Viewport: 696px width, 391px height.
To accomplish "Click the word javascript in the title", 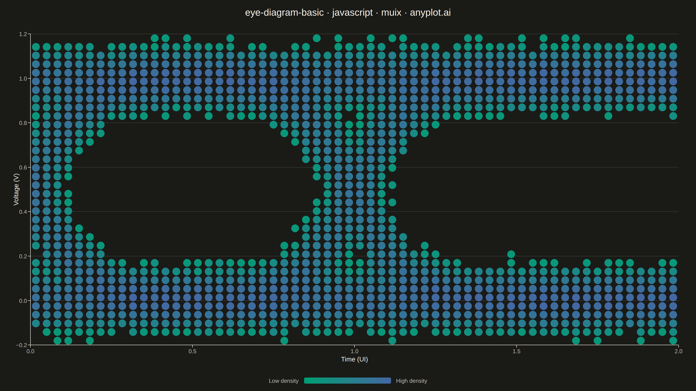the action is pos(352,12).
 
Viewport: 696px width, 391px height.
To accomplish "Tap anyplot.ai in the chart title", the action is pos(430,12).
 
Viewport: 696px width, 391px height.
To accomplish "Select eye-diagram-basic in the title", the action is pos(284,12).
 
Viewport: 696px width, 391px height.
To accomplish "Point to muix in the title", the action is pos(391,12).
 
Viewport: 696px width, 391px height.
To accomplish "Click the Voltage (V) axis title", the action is pos(16,189).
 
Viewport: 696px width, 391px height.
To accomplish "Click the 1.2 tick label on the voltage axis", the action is pos(23,34).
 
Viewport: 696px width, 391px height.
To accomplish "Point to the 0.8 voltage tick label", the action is pos(23,123).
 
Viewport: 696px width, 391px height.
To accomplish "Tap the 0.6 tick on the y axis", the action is pos(23,167).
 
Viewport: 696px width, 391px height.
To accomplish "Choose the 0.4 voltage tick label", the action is pos(23,212).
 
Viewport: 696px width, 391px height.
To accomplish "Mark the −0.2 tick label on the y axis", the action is pos(22,345).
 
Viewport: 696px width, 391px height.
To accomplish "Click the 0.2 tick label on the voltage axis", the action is pos(23,256).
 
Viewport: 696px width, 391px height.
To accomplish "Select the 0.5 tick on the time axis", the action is pos(192,351).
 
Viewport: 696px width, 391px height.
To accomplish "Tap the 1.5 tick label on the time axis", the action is pos(516,351).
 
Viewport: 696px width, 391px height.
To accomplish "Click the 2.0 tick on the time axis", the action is pos(678,351).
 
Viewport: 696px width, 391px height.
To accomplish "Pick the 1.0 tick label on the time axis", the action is pos(355,351).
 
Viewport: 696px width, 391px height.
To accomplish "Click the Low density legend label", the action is pos(283,381).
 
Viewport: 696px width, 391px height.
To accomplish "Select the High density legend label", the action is pos(412,381).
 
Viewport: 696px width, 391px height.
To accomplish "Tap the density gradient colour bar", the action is pos(348,381).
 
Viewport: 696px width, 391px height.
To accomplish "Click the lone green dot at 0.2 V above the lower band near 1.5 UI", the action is pos(511,254).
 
